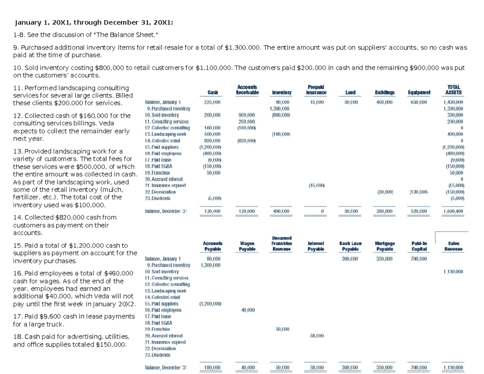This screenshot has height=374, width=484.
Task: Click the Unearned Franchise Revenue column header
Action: (282, 243)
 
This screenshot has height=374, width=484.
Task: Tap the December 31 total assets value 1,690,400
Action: (453, 211)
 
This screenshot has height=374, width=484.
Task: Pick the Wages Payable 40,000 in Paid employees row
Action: (247, 310)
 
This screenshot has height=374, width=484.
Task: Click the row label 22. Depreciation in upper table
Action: (160, 192)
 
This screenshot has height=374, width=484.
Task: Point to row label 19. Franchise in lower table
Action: (158, 329)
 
